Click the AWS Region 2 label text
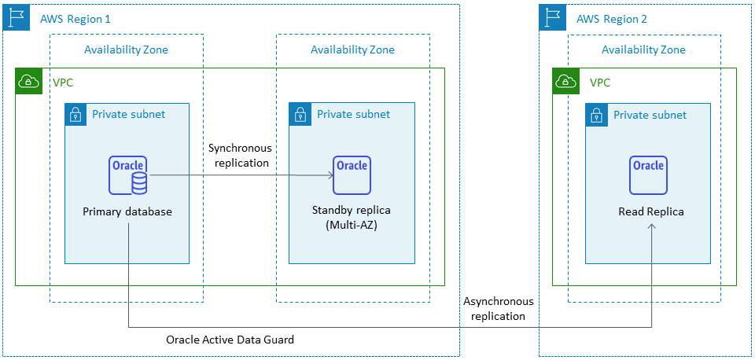(x=612, y=18)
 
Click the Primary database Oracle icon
(x=128, y=175)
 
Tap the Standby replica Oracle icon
(x=352, y=175)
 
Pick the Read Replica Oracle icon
(x=648, y=175)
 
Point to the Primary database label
(x=127, y=212)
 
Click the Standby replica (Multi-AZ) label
(x=352, y=218)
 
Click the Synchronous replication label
(x=240, y=156)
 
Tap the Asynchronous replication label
(x=499, y=309)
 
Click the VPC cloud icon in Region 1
(x=29, y=81)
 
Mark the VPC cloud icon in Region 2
(x=565, y=81)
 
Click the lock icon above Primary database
(x=77, y=115)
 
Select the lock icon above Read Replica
(x=598, y=116)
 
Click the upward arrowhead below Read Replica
(x=650, y=226)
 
